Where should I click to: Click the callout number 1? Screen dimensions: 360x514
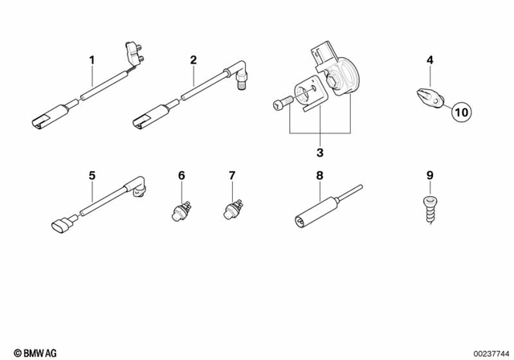(92, 60)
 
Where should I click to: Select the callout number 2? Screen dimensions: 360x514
(194, 60)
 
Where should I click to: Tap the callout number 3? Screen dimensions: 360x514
(319, 153)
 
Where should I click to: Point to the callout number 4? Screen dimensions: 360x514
(430, 60)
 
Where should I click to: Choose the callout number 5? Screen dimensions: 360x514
(92, 174)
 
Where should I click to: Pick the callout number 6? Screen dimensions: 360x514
(182, 174)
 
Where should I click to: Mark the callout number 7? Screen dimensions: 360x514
(232, 174)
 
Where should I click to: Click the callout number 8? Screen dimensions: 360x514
(319, 174)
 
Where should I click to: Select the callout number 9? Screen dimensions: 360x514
(430, 174)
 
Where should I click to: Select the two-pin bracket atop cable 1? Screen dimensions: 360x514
(133, 52)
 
